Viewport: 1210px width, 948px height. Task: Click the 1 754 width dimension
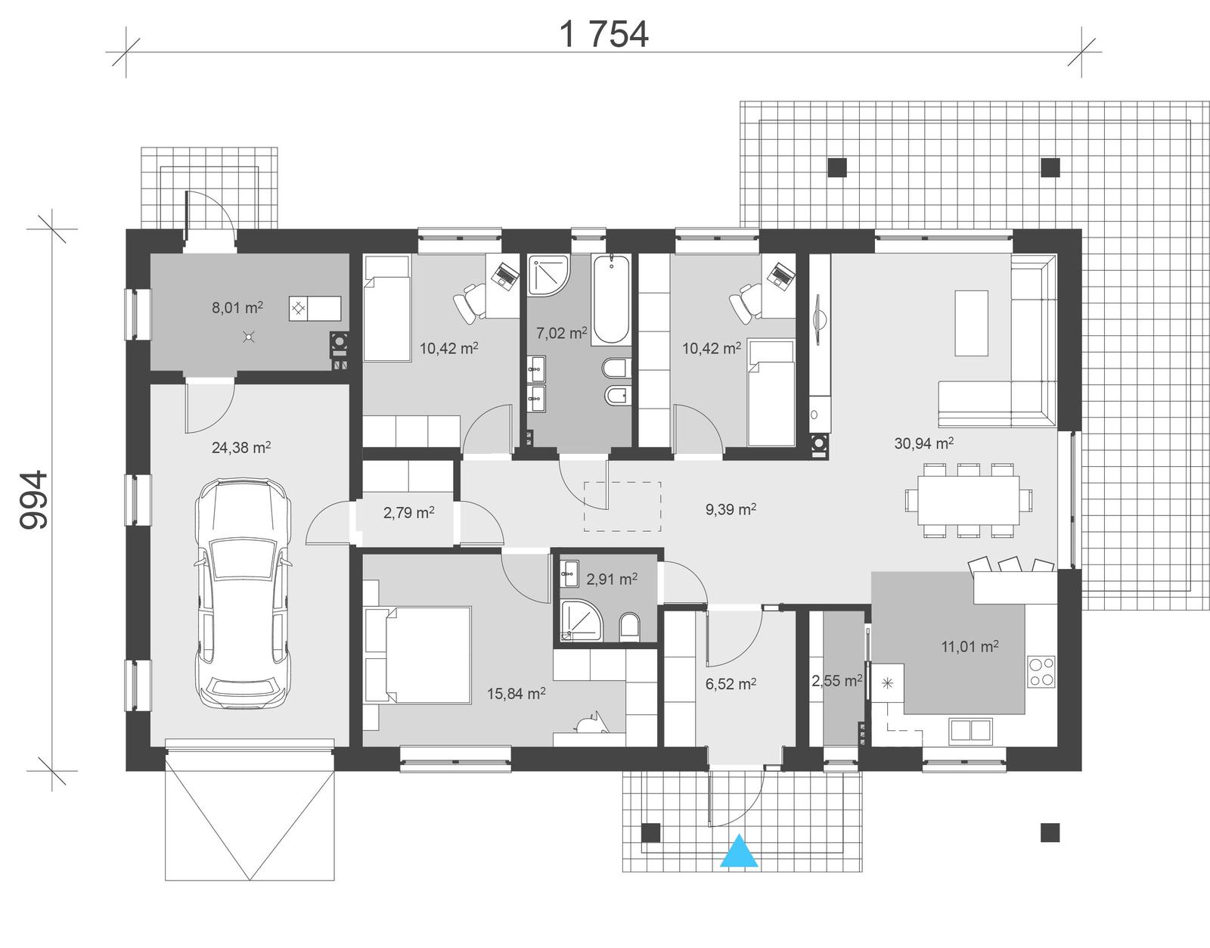603,34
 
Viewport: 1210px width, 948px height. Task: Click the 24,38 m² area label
241,447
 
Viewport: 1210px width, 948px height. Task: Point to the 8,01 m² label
237,307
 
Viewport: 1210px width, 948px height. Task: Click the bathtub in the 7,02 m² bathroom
610,300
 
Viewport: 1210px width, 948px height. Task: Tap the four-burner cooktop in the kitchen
1042,671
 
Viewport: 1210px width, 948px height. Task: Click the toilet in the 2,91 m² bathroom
629,626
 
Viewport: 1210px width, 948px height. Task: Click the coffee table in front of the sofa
971,322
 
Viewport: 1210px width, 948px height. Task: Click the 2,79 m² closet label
408,513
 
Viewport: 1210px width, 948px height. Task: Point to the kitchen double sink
971,729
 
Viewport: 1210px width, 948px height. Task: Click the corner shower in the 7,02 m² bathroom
546,277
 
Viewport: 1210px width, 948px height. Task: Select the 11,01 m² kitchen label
970,646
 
